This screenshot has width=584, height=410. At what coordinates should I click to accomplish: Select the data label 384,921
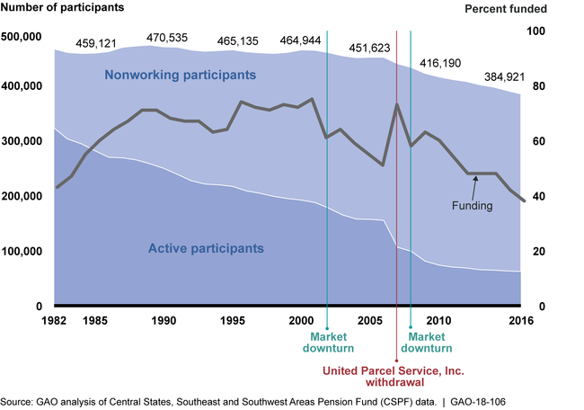coord(507,75)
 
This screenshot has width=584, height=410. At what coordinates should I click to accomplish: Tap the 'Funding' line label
coord(472,205)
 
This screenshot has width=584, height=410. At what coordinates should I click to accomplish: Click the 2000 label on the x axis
coord(299,321)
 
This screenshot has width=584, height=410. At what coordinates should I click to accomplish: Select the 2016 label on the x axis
coord(520,321)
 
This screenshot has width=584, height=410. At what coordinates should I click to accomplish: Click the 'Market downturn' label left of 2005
coord(327,342)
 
